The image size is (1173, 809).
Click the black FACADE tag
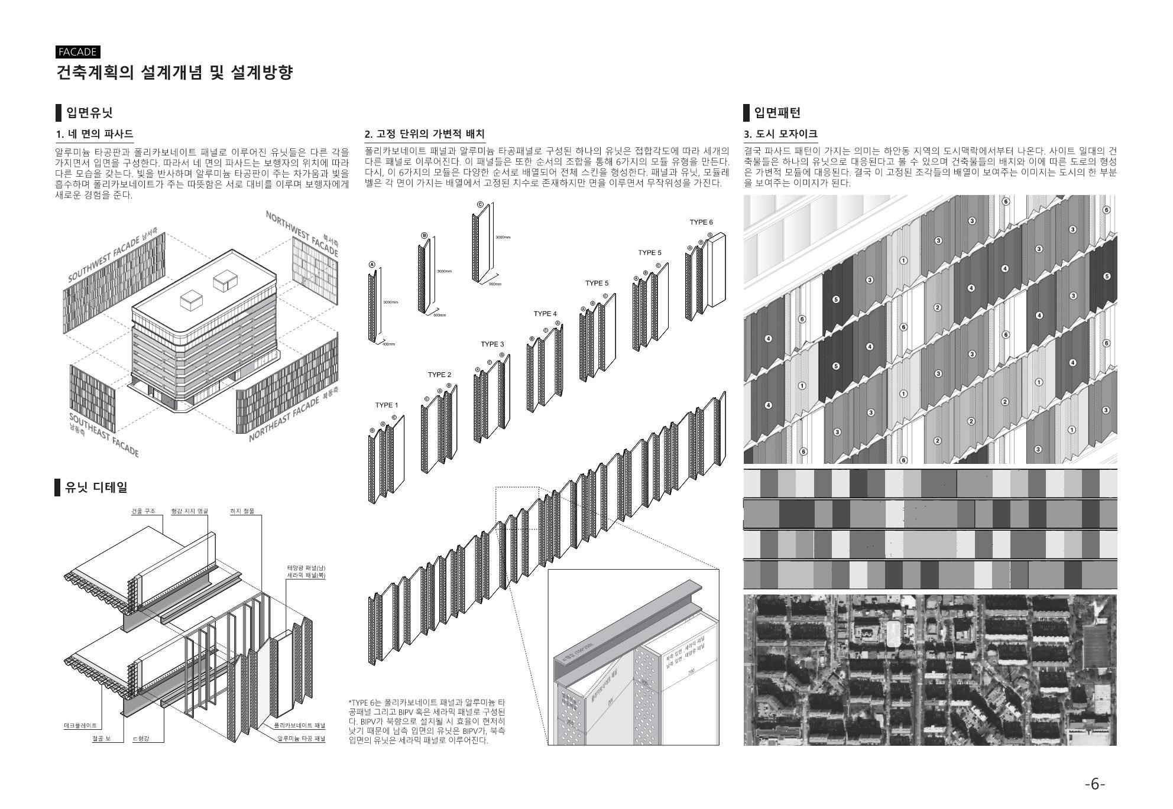coord(77,52)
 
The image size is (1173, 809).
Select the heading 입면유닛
coord(89,112)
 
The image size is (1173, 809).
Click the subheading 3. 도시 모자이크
coord(780,135)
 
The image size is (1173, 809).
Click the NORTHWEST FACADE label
coord(302,234)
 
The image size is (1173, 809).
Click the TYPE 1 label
coord(387,405)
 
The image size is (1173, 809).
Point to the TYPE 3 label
coord(492,345)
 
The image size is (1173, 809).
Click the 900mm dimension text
coord(495,285)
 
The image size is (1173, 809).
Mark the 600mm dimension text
coord(439,316)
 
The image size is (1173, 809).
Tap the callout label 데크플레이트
coord(80,725)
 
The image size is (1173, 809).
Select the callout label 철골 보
coord(101,739)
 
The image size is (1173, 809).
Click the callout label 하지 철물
coord(242,511)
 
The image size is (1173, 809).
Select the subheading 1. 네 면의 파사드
coord(95,135)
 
